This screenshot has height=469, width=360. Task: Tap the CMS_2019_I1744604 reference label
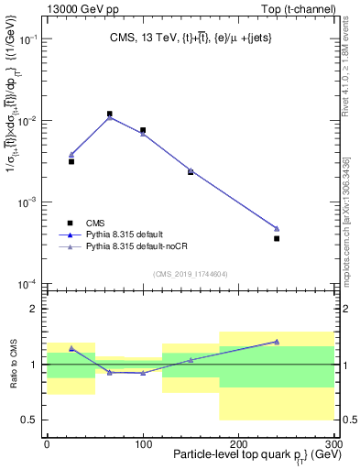[191, 273]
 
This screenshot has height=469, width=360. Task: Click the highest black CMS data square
[110, 115]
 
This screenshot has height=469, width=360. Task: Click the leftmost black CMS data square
[71, 161]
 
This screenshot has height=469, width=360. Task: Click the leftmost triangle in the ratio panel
[71, 348]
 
